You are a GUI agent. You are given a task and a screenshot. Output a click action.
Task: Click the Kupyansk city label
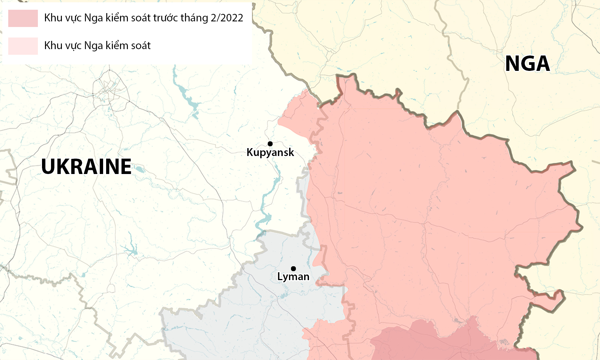(x=270, y=153)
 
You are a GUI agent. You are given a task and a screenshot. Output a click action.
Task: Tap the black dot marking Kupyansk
(x=270, y=144)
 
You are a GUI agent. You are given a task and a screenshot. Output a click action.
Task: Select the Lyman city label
(x=293, y=277)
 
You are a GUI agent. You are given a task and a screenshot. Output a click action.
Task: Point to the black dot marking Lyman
(x=293, y=268)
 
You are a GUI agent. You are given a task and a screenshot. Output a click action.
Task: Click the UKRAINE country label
(x=86, y=167)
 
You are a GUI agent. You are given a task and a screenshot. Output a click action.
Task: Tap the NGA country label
(x=527, y=64)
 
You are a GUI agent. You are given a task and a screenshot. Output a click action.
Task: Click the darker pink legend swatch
(x=23, y=18)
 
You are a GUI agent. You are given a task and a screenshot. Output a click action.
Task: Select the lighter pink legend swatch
(x=23, y=46)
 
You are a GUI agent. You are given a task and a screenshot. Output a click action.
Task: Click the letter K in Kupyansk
(x=250, y=152)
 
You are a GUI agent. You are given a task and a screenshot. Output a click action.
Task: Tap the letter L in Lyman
(x=279, y=276)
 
